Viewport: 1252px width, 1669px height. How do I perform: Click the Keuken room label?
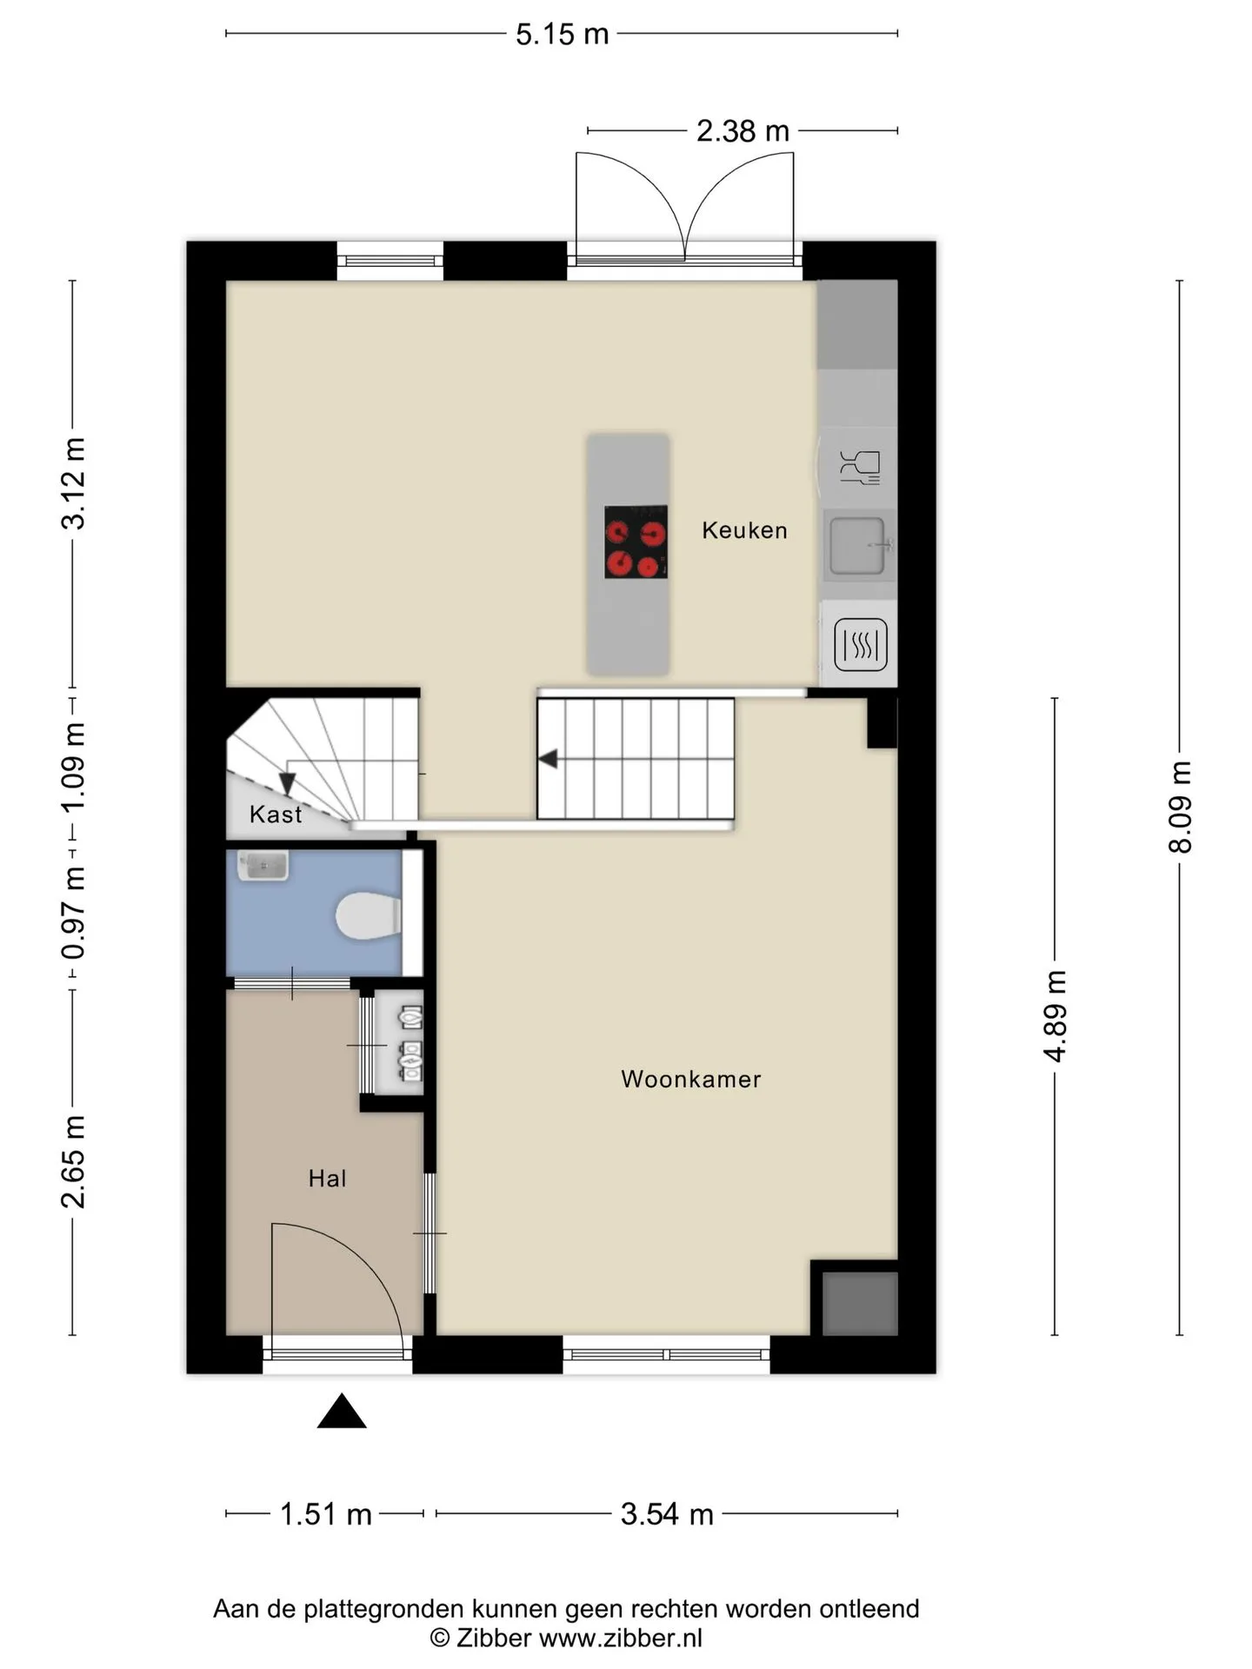744,530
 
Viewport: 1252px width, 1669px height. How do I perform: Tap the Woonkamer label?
691,1079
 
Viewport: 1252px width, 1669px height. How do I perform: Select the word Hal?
327,1179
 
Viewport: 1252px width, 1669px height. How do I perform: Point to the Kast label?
276,815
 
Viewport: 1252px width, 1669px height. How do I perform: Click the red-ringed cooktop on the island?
636,542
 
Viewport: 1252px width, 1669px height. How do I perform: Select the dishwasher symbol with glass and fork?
860,467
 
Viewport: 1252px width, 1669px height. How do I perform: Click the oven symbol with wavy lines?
861,644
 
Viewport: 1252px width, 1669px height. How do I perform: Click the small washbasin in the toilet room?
263,866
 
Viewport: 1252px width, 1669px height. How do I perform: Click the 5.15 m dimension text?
562,34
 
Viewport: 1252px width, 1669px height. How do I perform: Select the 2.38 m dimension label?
743,131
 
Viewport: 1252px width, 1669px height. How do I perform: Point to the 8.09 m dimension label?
1180,808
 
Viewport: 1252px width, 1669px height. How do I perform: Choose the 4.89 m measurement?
1055,1016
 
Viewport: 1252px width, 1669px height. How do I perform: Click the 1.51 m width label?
325,1514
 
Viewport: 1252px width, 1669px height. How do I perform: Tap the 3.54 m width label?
667,1514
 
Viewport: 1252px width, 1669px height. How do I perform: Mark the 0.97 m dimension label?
73,913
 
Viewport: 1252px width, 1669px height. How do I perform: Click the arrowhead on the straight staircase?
548,759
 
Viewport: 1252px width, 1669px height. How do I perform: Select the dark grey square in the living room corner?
860,1303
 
